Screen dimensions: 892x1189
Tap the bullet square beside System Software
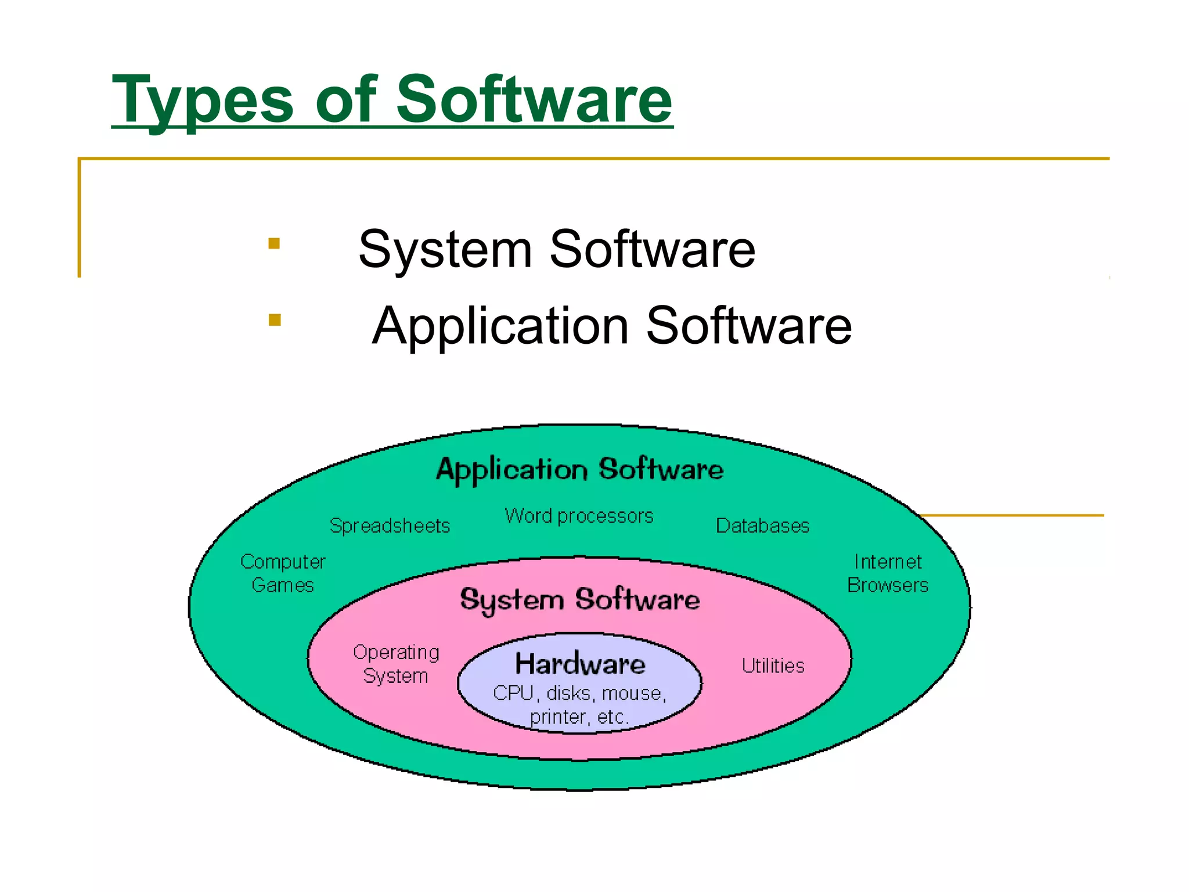(x=274, y=243)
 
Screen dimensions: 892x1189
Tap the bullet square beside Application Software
(x=275, y=320)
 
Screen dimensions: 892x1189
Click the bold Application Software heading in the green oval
(x=579, y=469)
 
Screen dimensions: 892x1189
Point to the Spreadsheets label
(x=390, y=526)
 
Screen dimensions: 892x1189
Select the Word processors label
(x=579, y=516)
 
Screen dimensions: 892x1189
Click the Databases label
(x=762, y=526)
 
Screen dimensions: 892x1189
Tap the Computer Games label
(x=283, y=573)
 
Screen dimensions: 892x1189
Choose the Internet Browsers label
(x=888, y=573)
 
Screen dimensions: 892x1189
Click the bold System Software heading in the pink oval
(x=579, y=600)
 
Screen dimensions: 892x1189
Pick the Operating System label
(x=396, y=664)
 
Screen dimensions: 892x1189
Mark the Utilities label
(x=773, y=666)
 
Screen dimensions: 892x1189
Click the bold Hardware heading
(x=580, y=664)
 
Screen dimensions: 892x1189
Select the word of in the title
(x=346, y=100)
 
